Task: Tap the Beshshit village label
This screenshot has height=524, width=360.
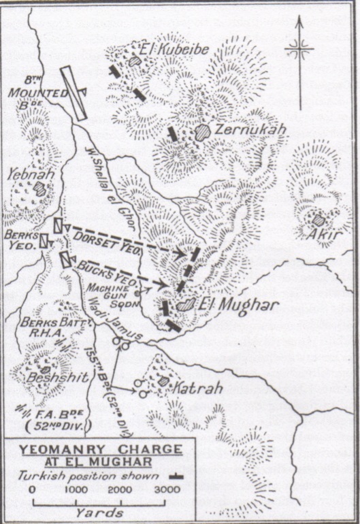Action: pyautogui.click(x=45, y=375)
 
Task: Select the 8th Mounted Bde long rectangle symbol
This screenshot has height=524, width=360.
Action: pyautogui.click(x=73, y=93)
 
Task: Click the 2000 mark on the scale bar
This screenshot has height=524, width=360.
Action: pyautogui.click(x=119, y=489)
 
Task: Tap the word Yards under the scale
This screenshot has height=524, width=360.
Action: pyautogui.click(x=100, y=512)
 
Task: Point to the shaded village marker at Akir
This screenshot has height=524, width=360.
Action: pyautogui.click(x=318, y=220)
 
